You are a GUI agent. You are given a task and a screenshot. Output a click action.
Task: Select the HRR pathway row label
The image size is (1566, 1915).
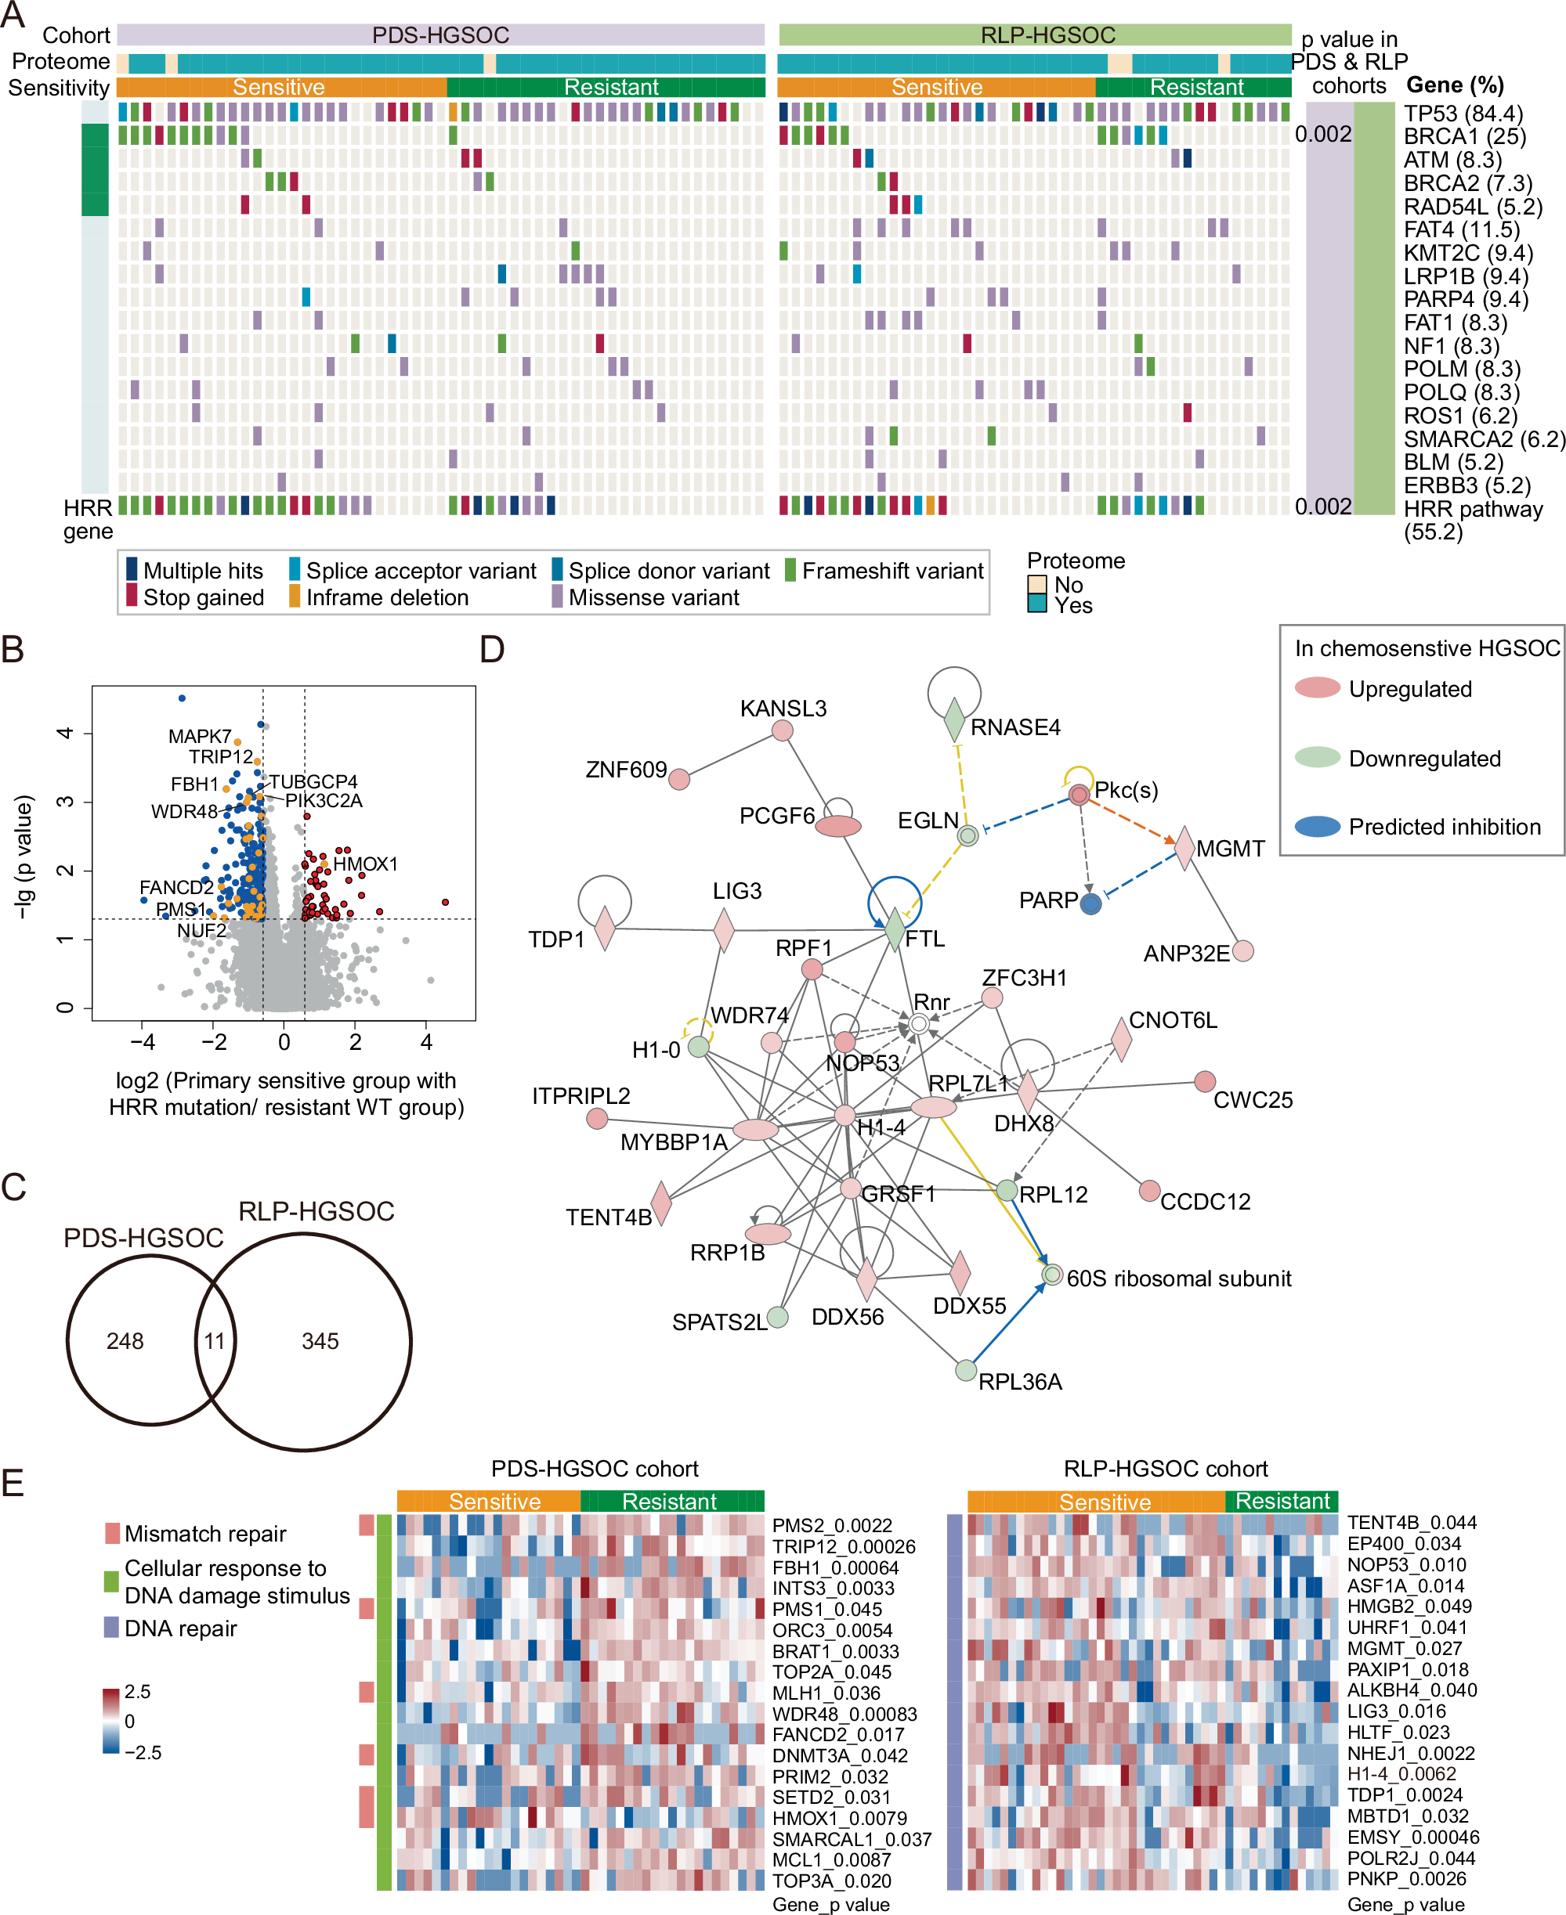coord(1472,510)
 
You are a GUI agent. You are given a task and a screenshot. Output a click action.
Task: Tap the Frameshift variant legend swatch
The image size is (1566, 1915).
coord(790,570)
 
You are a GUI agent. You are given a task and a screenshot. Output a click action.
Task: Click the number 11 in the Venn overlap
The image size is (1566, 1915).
coord(214,1340)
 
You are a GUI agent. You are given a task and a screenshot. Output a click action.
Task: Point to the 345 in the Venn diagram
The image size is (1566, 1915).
coord(320,1340)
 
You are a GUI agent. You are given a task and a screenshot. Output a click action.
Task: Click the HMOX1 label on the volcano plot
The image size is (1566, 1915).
coord(365,864)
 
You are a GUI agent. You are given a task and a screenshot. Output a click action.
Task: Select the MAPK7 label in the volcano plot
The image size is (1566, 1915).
coord(199,736)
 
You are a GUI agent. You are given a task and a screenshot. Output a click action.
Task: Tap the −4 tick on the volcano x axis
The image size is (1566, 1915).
coord(143,1042)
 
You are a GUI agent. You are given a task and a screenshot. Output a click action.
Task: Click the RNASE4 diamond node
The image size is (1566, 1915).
coord(953,719)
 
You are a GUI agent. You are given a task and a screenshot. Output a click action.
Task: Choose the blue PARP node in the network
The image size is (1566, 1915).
coord(1090,903)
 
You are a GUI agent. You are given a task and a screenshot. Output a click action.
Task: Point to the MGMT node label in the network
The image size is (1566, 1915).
coord(1231,849)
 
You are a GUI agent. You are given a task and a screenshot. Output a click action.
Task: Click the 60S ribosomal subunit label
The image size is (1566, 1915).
coord(1178,1278)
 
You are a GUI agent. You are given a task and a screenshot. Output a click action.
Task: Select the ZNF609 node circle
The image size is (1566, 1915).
coord(679,778)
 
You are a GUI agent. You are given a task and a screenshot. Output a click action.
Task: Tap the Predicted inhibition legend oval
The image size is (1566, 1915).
coord(1317,826)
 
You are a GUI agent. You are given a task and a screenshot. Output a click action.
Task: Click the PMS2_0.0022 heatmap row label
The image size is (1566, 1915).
coord(832,1526)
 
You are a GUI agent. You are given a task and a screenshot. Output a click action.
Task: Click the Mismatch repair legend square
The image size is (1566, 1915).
coord(112,1533)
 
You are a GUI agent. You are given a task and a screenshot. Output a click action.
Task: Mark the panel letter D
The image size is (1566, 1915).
coord(492,649)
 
